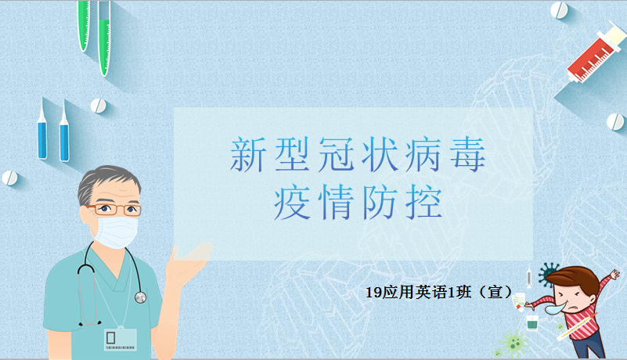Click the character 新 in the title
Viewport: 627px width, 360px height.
tap(247, 154)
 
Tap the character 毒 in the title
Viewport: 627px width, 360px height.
tap(467, 154)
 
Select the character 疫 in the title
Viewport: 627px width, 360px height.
tap(291, 202)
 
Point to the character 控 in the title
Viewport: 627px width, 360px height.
tap(423, 202)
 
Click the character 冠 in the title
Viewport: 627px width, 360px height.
tap(336, 154)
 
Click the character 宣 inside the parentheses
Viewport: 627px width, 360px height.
tap(495, 292)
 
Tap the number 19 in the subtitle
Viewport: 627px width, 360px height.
tap(374, 293)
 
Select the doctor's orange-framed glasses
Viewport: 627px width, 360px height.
tap(115, 209)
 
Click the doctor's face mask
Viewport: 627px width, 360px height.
tap(116, 231)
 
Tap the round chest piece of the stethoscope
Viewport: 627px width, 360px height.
tap(140, 297)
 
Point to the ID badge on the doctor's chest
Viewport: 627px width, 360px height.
tap(121, 340)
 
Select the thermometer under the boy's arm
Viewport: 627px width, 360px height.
tap(577, 327)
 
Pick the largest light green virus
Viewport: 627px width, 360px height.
tap(514, 343)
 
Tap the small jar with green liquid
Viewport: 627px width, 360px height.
tap(532, 322)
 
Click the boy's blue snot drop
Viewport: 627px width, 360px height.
tap(557, 308)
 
